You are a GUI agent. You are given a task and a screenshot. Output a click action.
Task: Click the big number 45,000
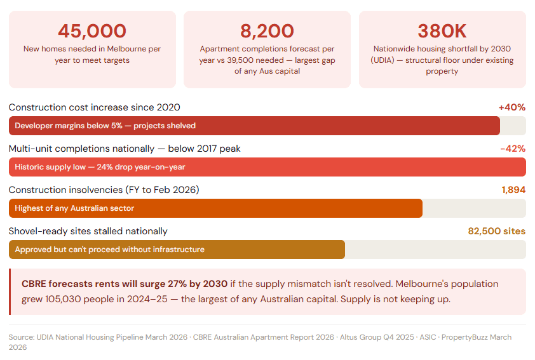pyautogui.click(x=92, y=30)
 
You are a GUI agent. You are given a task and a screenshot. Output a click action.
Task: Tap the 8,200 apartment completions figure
pyautogui.click(x=267, y=30)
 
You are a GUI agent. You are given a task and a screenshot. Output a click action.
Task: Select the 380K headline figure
pyautogui.click(x=442, y=30)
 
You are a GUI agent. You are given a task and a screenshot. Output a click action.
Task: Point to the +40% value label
pyautogui.click(x=512, y=107)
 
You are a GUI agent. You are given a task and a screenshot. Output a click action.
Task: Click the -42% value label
pyautogui.click(x=513, y=149)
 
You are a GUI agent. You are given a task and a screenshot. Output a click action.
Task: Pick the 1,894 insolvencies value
pyautogui.click(x=513, y=190)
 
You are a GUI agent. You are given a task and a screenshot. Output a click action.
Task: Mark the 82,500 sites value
pyautogui.click(x=497, y=231)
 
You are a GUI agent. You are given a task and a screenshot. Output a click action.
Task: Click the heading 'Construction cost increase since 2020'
pyautogui.click(x=94, y=107)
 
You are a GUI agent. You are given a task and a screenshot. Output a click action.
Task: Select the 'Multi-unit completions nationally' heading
pyautogui.click(x=125, y=149)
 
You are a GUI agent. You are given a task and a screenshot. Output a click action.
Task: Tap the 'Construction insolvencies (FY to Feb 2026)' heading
pyautogui.click(x=104, y=190)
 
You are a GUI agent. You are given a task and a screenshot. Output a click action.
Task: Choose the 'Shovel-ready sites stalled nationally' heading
pyautogui.click(x=88, y=231)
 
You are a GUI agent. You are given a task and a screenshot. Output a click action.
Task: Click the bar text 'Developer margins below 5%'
pyautogui.click(x=105, y=126)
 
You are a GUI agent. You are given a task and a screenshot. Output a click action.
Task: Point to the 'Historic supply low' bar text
pyautogui.click(x=100, y=167)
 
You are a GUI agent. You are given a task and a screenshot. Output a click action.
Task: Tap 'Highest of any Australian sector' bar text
pyautogui.click(x=74, y=208)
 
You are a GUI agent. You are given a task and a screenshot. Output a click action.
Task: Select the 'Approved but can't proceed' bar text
pyautogui.click(x=109, y=250)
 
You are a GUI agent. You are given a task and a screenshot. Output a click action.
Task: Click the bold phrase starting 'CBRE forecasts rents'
pyautogui.click(x=125, y=284)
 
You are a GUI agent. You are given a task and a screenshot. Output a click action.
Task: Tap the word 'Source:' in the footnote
pyautogui.click(x=22, y=337)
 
